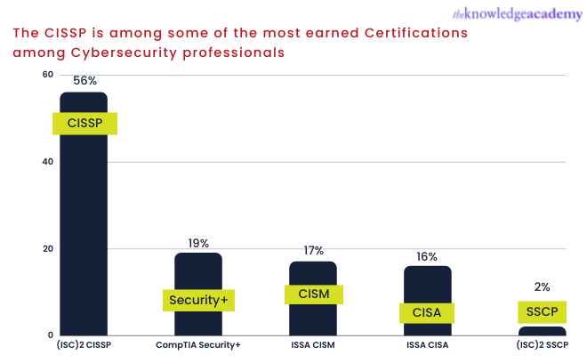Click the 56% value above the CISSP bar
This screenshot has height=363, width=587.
coord(84,80)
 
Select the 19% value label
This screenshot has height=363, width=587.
coord(198,243)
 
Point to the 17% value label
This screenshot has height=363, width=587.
coord(313,251)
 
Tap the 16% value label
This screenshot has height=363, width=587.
coord(427,257)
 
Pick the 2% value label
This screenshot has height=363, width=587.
coord(543,286)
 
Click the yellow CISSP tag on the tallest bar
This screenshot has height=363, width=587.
coord(84,123)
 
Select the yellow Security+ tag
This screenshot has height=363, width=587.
coord(198,300)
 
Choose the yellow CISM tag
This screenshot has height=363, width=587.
coord(313,294)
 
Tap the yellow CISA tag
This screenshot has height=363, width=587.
coord(427,312)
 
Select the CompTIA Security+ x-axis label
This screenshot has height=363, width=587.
coord(198,345)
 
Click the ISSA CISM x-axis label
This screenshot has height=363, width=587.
coord(313,345)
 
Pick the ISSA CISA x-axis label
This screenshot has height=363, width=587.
coord(427,345)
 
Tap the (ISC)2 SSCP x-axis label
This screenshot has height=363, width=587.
coord(542,345)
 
